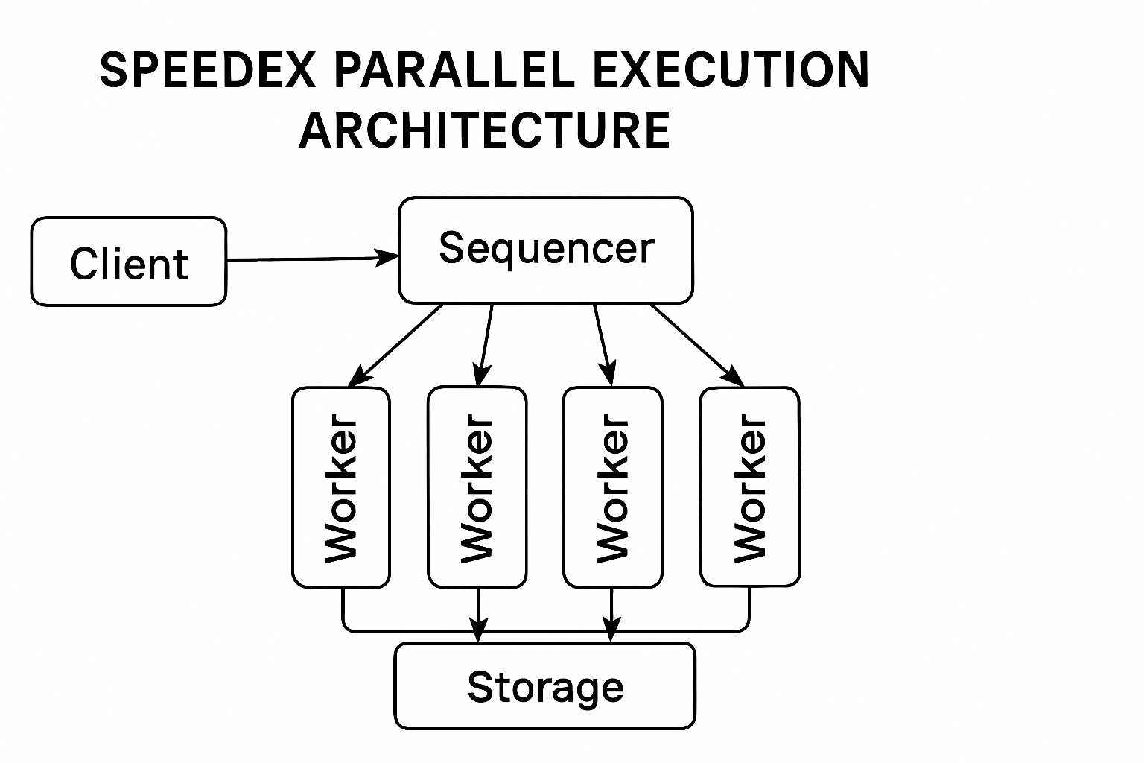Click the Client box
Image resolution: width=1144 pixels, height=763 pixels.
128,262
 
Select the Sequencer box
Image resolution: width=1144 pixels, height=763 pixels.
546,250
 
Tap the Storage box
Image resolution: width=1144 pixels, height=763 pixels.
544,686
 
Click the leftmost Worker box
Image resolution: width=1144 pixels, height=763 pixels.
340,487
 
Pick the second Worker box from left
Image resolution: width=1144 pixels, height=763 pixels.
477,487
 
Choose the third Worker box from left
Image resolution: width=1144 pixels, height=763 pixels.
612,487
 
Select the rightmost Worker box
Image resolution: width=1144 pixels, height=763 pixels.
749,487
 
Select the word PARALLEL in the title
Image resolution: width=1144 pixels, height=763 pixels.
454,72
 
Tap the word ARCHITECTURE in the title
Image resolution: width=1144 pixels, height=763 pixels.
484,130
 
